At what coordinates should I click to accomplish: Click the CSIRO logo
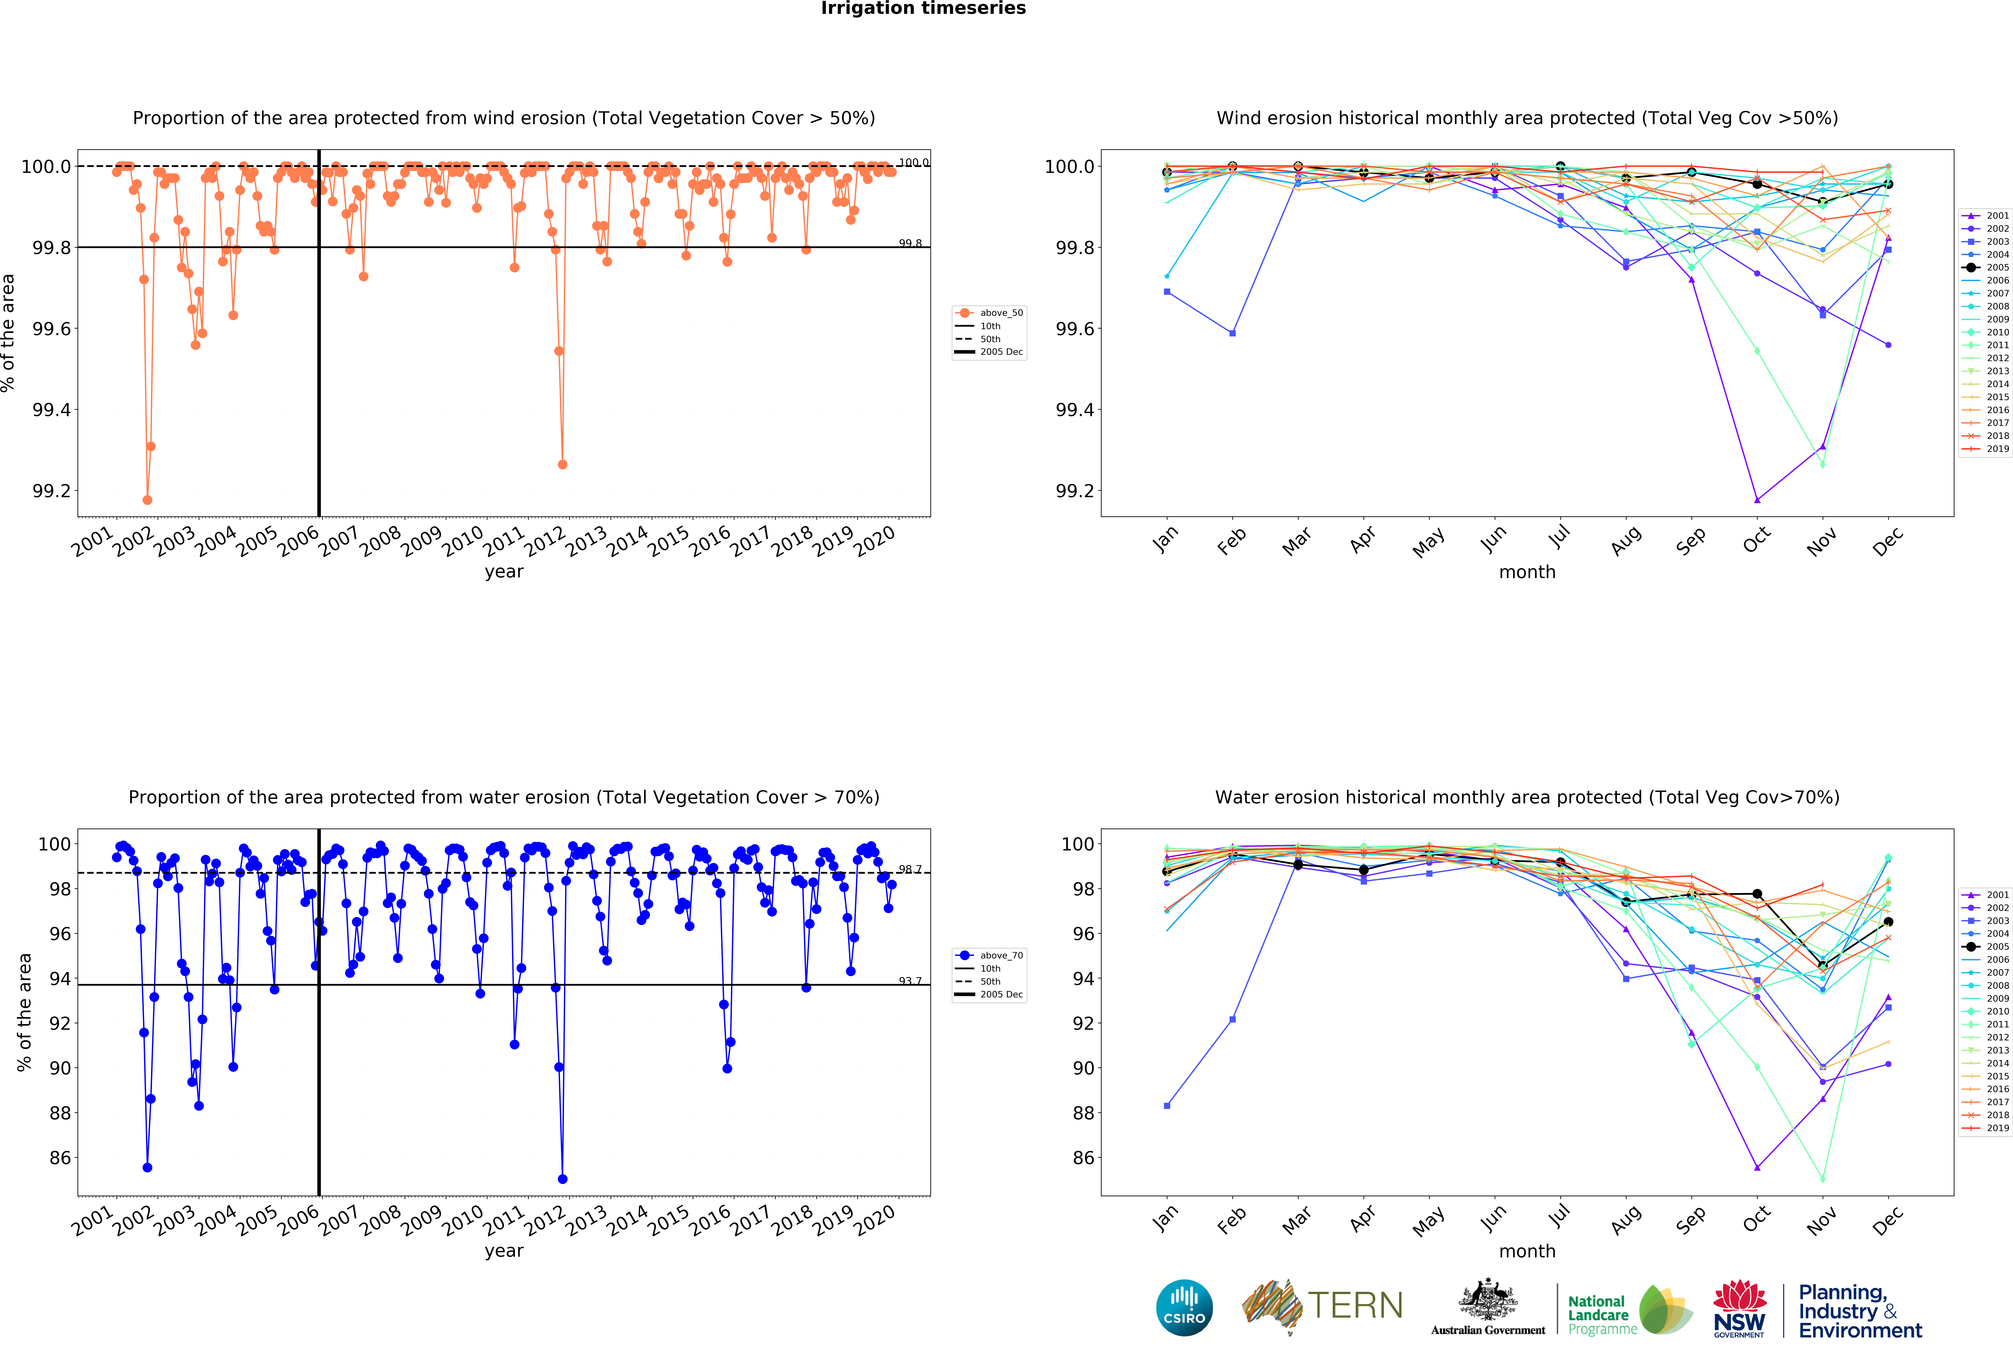pos(1184,1307)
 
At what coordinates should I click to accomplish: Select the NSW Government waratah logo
pos(1739,1308)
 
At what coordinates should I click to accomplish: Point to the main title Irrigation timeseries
pos(923,9)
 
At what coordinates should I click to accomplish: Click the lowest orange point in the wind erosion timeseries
pos(147,500)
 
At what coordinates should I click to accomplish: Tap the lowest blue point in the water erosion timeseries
pos(562,1179)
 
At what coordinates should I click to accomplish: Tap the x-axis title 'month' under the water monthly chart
pos(1527,1251)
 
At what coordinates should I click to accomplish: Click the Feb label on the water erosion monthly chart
pos(1231,1220)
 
